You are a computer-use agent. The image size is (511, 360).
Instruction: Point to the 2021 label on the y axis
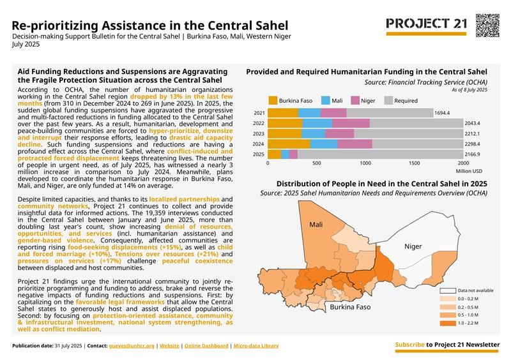259,113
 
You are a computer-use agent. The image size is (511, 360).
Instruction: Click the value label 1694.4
442,113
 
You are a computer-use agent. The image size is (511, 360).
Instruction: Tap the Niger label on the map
413,246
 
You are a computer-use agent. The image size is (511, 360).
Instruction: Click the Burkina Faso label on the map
350,307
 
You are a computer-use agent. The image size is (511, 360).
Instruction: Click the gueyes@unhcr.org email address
132,345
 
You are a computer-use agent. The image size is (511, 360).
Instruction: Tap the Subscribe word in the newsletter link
409,345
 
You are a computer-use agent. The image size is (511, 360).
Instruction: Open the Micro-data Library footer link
256,345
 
